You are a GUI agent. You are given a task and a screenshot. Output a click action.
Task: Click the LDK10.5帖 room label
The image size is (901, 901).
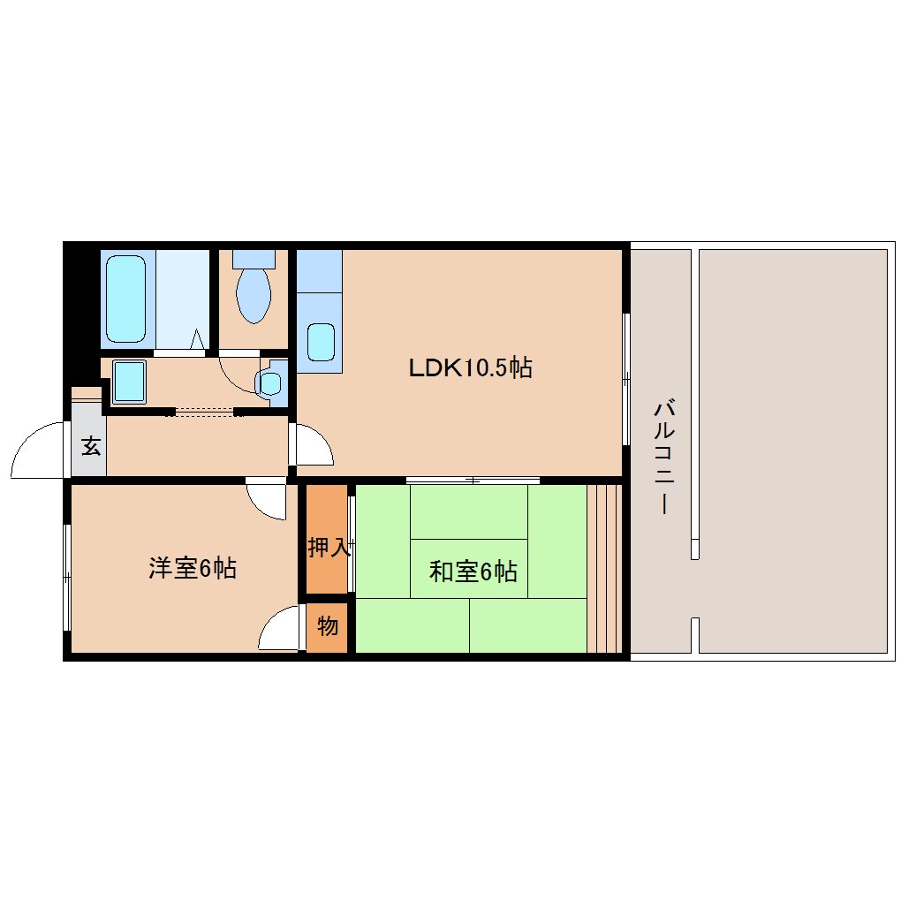coord(470,367)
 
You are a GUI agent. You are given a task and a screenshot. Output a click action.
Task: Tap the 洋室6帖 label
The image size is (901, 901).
coord(192,568)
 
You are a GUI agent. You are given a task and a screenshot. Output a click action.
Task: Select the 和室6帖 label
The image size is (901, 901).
coord(473,572)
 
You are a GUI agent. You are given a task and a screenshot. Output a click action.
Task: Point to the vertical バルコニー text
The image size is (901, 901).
coord(664,458)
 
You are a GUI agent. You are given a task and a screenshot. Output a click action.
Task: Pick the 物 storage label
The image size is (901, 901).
coord(327,627)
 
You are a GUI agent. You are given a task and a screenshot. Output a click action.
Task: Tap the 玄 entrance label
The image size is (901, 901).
coord(90,446)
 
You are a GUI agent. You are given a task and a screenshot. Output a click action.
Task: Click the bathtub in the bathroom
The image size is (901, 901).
coord(125,299)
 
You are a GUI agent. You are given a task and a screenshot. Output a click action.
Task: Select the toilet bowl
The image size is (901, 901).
coord(254,296)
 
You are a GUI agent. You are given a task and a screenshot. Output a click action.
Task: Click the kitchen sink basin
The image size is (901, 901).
coord(321,342)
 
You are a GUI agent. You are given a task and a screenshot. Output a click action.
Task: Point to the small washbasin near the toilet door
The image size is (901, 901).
coord(269,383)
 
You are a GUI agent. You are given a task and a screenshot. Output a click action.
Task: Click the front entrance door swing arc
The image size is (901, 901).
coord(40,450)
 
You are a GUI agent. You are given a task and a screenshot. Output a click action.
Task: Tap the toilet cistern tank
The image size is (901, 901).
coord(254,259)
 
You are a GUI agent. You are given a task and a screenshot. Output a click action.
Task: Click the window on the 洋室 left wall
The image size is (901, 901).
coord(66,578)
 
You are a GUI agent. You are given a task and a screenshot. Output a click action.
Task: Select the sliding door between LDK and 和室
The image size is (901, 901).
coord(473,481)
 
